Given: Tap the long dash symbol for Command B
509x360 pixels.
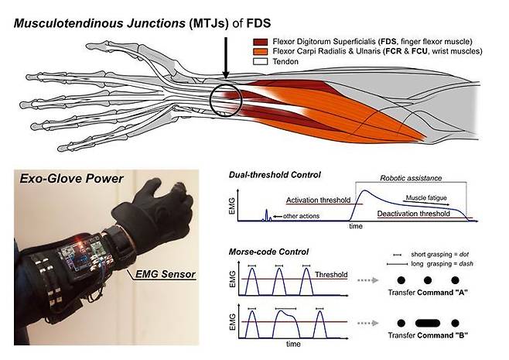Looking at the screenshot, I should tap(427, 322).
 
